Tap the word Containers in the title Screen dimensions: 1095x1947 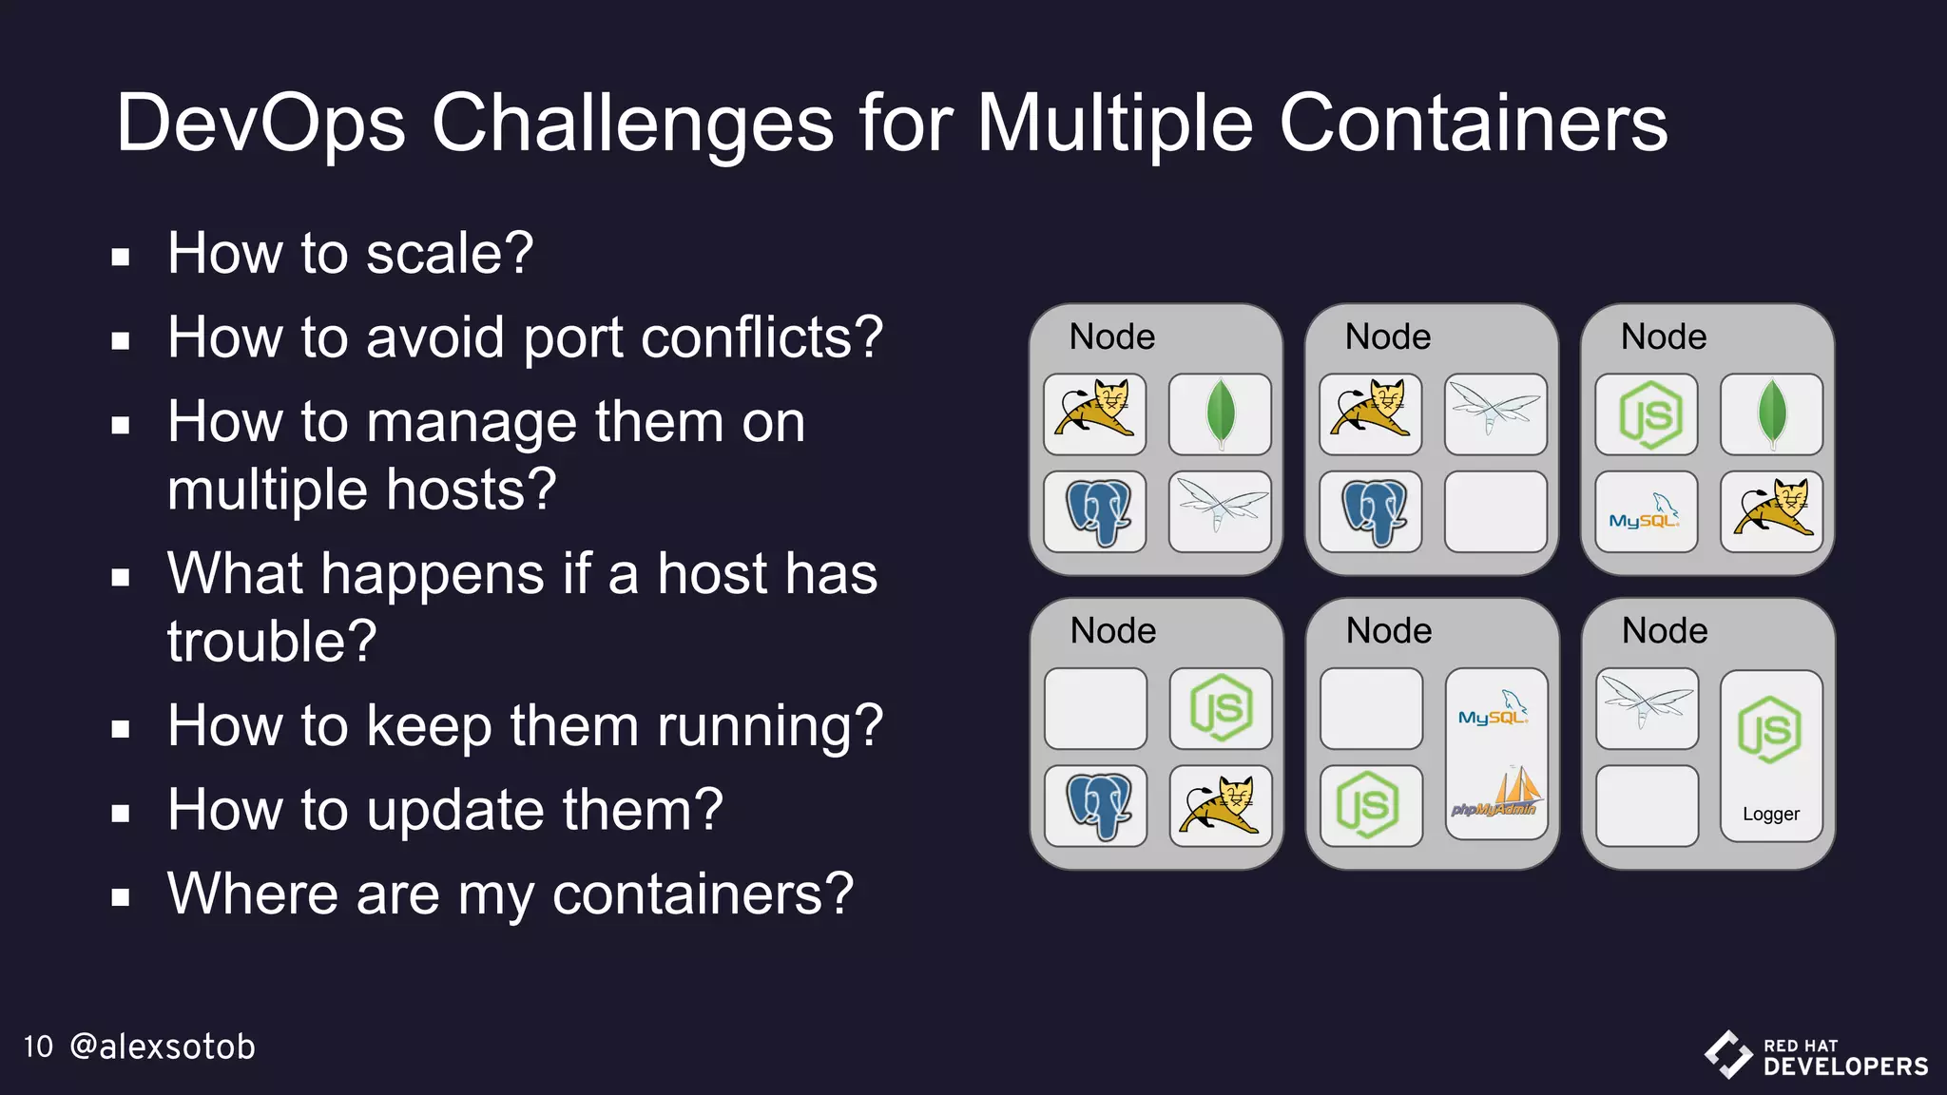tap(1473, 124)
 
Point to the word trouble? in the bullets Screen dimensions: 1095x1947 tap(272, 641)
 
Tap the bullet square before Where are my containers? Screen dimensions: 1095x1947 tap(120, 897)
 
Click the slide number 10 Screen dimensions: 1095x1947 tap(38, 1047)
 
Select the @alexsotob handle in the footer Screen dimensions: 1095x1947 tap(163, 1047)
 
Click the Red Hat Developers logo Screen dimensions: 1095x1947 tap(1816, 1055)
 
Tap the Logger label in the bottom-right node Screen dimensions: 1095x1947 tap(1770, 814)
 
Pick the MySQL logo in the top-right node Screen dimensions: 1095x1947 tap(1645, 512)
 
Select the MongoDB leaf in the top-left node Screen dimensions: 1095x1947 tap(1220, 414)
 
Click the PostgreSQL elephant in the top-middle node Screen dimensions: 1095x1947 tap(1372, 512)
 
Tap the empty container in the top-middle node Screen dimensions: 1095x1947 tap(1495, 512)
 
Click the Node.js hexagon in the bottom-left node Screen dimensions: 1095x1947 tap(1221, 708)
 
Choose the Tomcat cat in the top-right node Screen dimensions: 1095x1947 tap(1772, 511)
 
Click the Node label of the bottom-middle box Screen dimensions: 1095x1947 tap(1388, 631)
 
